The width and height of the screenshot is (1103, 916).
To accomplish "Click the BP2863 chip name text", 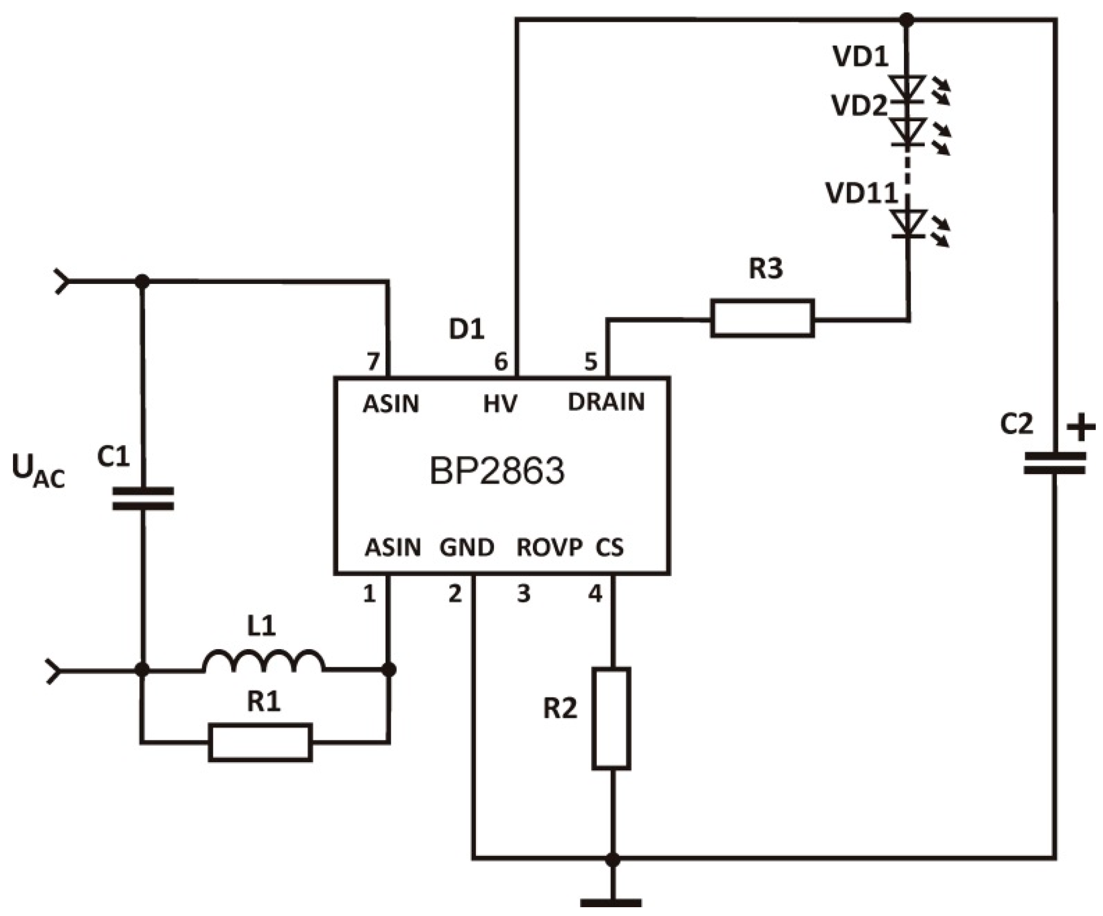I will pyautogui.click(x=497, y=471).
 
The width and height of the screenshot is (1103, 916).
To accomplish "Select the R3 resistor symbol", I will pyautogui.click(x=762, y=318).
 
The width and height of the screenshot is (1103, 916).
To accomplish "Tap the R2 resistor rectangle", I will pyautogui.click(x=612, y=719).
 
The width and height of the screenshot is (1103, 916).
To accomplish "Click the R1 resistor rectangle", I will pyautogui.click(x=261, y=742).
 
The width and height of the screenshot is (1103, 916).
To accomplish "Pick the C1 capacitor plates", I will pyautogui.click(x=143, y=499).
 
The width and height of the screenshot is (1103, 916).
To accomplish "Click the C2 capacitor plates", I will pyautogui.click(x=1054, y=464).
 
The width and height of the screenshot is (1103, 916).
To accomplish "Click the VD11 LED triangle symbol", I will pyautogui.click(x=908, y=223).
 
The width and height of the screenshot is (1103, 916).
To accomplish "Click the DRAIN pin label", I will pyautogui.click(x=606, y=402).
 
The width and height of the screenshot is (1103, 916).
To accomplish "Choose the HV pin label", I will pyautogui.click(x=500, y=404).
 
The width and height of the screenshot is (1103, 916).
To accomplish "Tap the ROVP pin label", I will pyautogui.click(x=549, y=548).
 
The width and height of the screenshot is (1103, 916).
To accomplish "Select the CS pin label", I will pyautogui.click(x=609, y=548).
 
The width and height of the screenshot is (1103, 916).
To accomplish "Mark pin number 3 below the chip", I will pyautogui.click(x=524, y=594).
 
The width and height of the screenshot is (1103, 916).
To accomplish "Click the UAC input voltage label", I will pyautogui.click(x=38, y=471).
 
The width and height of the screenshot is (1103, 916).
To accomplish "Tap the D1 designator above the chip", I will pyautogui.click(x=466, y=330).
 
